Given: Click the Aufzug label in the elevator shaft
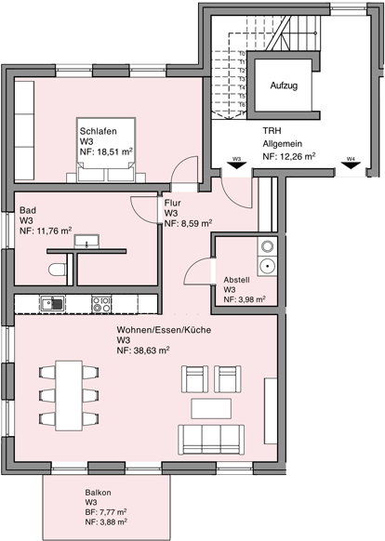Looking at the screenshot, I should click(284, 86).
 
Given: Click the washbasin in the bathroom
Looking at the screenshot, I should click(91, 243).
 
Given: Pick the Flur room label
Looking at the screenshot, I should click(173, 203).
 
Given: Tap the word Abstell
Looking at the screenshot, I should click(237, 280).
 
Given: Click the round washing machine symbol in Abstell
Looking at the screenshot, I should click(267, 266).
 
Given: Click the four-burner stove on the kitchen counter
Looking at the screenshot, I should click(101, 303).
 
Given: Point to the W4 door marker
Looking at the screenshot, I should click(350, 159).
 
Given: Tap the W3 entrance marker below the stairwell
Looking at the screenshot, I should click(236, 159).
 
